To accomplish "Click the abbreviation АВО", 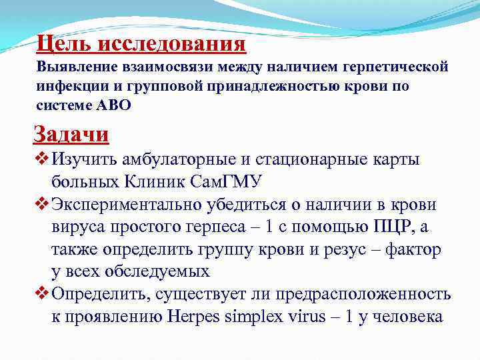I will (x=114, y=105).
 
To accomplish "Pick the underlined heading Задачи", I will (x=71, y=134).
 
